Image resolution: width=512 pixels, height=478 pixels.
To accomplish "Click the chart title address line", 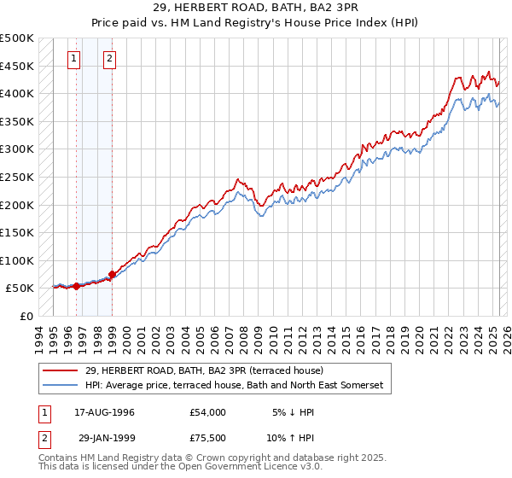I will pos(256,8).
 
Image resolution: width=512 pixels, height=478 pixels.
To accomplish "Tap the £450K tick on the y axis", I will pos(18,66).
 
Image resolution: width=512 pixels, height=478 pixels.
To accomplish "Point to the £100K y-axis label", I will pos(18,260).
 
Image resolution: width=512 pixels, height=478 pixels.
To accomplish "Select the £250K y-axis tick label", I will pos(18,177).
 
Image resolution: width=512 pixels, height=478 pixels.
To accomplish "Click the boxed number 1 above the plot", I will pos(75,59).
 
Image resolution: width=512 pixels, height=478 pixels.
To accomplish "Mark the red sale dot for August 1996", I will pos(76,286).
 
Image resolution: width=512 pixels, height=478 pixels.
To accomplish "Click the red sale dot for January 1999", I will pos(112,274).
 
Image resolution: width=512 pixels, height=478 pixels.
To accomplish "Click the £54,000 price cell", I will pos(207,412).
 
